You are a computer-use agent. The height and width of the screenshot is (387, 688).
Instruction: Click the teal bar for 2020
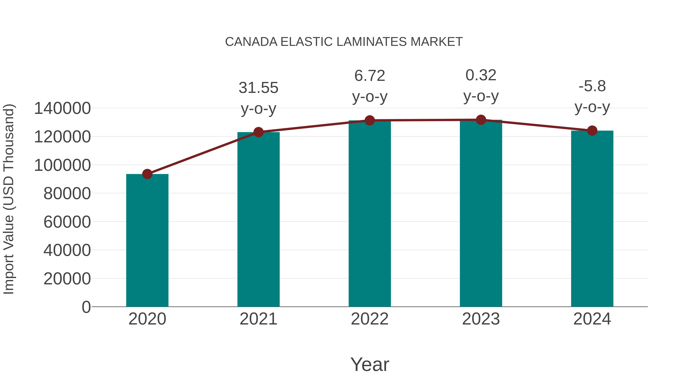pyautogui.click(x=147, y=240)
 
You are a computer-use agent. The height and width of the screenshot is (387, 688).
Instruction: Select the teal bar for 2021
pyautogui.click(x=258, y=219)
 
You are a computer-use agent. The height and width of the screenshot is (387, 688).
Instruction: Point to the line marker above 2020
pyautogui.click(x=147, y=174)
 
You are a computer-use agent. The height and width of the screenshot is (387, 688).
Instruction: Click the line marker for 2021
pyautogui.click(x=258, y=132)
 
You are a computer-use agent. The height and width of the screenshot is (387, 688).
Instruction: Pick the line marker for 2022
pyautogui.click(x=370, y=120)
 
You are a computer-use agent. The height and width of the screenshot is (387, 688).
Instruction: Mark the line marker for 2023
pyautogui.click(x=481, y=120)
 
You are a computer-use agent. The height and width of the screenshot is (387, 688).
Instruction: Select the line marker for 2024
pyautogui.click(x=592, y=131)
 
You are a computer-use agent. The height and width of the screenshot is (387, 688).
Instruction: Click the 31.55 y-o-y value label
pyautogui.click(x=258, y=88)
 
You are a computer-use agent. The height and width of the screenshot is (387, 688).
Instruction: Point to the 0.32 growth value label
pyautogui.click(x=481, y=75)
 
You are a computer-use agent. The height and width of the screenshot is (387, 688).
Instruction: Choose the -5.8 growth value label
pyautogui.click(x=592, y=86)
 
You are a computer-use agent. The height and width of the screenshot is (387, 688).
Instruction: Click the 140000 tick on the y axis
pyautogui.click(x=62, y=108)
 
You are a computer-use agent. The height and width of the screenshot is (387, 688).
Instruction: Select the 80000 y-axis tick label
pyautogui.click(x=67, y=193)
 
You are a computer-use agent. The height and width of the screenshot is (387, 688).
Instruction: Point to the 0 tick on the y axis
pyautogui.click(x=86, y=307)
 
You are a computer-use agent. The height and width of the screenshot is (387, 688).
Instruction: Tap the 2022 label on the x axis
pyautogui.click(x=370, y=319)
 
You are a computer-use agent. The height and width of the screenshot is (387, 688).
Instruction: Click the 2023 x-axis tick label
pyautogui.click(x=481, y=319)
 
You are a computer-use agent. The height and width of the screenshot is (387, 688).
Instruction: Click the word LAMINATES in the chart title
pyautogui.click(x=372, y=42)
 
